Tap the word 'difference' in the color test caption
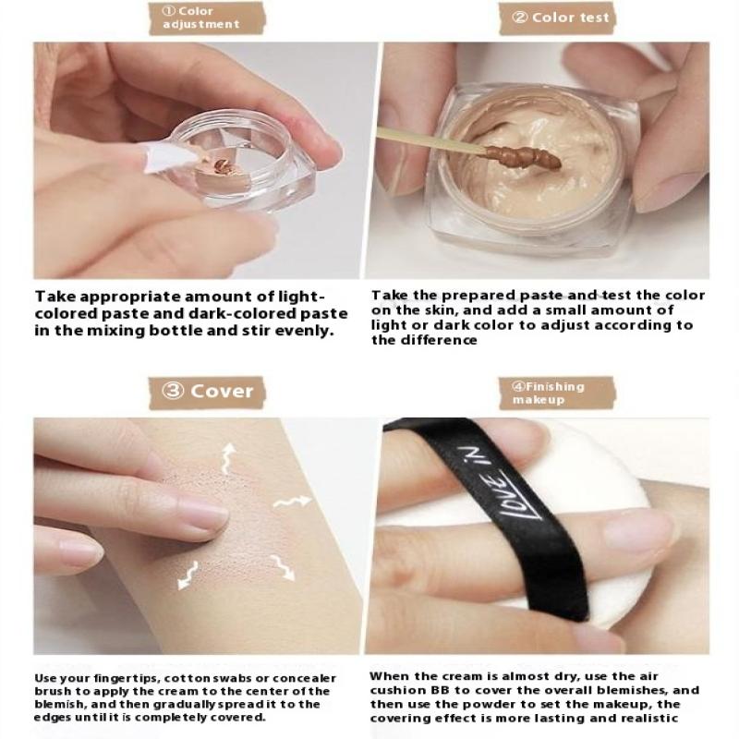[x=440, y=340]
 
